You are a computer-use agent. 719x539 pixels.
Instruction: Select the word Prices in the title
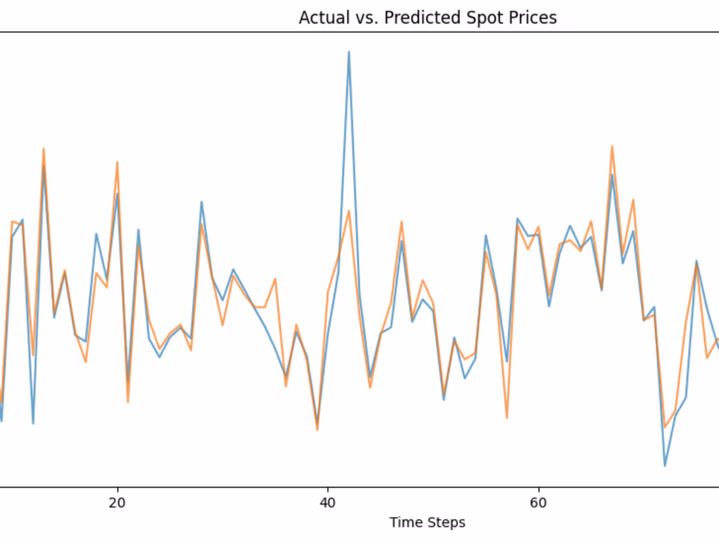click(x=527, y=18)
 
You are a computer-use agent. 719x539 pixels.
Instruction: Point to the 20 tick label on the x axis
click(x=117, y=503)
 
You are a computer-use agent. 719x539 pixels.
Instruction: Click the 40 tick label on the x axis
click(x=327, y=503)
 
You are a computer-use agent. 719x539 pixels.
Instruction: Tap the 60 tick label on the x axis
click(x=538, y=503)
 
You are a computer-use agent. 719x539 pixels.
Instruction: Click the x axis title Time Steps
click(x=427, y=523)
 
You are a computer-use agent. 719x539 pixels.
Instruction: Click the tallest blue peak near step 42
click(x=349, y=52)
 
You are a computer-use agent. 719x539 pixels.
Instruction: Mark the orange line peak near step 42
click(x=349, y=211)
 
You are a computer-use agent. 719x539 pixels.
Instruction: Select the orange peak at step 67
click(x=612, y=146)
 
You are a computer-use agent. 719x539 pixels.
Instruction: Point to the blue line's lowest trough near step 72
click(x=665, y=465)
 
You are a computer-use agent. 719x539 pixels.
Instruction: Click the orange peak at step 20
click(x=117, y=162)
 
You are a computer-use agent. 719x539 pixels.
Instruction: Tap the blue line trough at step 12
click(x=33, y=423)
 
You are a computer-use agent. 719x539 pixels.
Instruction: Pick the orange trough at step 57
click(x=507, y=417)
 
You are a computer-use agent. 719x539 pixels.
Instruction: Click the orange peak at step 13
click(x=44, y=148)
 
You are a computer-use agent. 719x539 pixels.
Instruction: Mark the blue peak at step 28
click(x=201, y=202)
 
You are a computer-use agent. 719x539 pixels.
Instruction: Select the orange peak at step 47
click(x=401, y=221)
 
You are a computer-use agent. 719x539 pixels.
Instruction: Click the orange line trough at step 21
click(x=127, y=402)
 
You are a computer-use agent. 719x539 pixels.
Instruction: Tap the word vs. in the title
click(x=365, y=18)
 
